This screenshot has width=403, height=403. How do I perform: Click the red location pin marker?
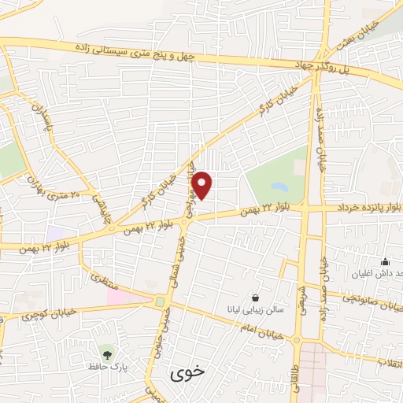tap(202, 185)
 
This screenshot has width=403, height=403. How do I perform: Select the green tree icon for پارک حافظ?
tap(106, 349)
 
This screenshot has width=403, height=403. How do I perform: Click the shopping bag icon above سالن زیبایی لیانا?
tap(256, 298)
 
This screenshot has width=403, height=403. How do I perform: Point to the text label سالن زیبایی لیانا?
tap(250, 311)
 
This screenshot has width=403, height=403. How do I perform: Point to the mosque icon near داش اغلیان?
tap(385, 262)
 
